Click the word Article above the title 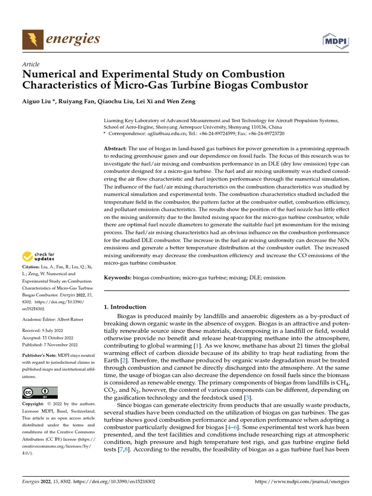tap(31, 64)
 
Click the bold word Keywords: tap(118, 278)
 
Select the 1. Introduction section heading tap(125, 307)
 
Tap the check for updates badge tap(39, 257)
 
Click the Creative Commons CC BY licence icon tap(40, 392)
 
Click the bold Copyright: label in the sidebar tap(36, 403)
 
